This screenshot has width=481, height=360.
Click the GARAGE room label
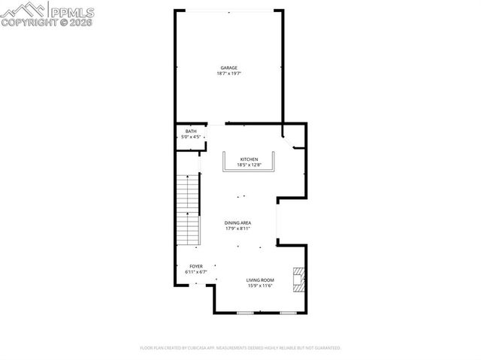coord(229,68)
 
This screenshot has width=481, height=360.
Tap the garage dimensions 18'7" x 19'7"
coord(229,74)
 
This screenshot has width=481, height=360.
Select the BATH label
coord(191,132)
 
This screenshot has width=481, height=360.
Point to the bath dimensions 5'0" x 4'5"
coord(191,138)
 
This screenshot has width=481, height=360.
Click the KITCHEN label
coord(250,159)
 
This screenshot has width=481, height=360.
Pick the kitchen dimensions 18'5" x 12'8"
coord(250,165)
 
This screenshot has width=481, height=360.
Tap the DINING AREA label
coord(237,222)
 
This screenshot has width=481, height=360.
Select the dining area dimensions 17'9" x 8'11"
coord(237,228)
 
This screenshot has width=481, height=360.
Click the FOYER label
coord(196,266)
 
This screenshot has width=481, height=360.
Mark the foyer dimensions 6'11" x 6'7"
coord(196,272)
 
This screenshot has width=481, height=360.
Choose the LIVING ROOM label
coord(259,280)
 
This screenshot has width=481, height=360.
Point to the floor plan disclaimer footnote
coord(240,348)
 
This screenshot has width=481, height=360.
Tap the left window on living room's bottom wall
coord(244,312)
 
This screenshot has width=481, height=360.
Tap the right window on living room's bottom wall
coord(287,312)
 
